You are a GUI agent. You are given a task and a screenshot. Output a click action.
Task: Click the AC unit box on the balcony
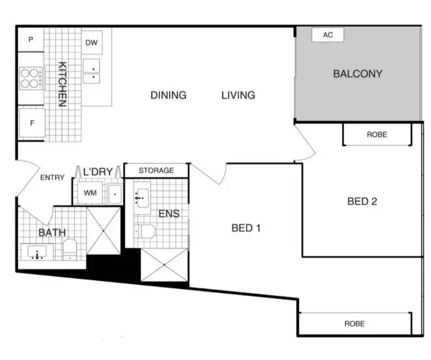coord(328,35)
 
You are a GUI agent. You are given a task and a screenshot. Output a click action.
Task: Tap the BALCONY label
coord(357,74)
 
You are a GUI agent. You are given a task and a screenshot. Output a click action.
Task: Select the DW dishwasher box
coord(91,43)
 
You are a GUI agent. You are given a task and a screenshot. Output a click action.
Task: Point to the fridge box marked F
coord(32,123)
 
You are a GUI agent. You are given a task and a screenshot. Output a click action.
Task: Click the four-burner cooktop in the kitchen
coord(32,78)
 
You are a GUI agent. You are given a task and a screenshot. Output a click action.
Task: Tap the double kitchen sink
coord(93,71)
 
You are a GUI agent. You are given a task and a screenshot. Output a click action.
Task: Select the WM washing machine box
coord(90,193)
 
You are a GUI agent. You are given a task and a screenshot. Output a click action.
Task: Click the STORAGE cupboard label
coord(156,171)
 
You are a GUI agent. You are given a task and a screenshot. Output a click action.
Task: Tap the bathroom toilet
coord(70,250)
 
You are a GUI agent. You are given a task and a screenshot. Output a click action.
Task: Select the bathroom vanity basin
coord(38,252)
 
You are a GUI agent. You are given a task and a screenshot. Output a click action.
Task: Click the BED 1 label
coord(247,228)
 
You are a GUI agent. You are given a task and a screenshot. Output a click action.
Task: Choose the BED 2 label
coord(362,201)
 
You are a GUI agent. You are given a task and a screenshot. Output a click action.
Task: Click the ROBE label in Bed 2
coord(377,135)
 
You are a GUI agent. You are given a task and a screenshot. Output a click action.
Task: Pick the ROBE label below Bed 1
coord(355,324)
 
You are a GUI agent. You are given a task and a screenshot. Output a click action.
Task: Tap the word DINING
coord(168,95)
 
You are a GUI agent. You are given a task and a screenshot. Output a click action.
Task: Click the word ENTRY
coord(52,178)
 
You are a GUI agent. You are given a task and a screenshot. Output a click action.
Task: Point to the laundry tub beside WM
coord(114,194)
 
